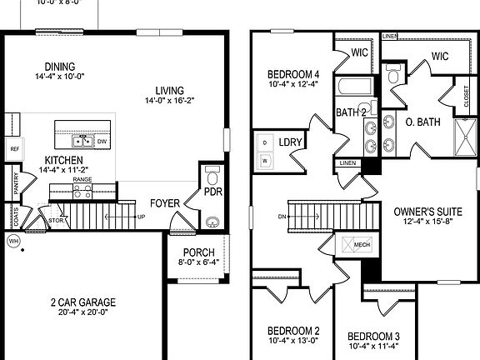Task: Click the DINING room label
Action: tap(55, 67)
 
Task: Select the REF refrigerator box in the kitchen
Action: tap(14, 149)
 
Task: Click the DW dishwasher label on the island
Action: tap(102, 142)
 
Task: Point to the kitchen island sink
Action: tap(83, 141)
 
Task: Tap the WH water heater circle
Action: tap(12, 241)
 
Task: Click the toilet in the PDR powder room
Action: tap(212, 178)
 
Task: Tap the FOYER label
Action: tap(165, 202)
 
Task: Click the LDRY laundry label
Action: tap(289, 143)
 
